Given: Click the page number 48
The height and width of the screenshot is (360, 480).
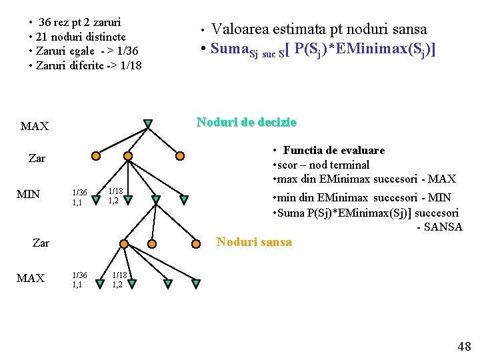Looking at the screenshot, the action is pyautogui.click(x=463, y=346).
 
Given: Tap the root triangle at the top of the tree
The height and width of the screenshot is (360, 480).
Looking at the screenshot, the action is pyautogui.click(x=148, y=123).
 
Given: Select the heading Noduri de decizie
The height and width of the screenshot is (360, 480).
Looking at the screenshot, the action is pyautogui.click(x=246, y=122).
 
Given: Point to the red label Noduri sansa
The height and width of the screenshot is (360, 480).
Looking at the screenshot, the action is pyautogui.click(x=254, y=242).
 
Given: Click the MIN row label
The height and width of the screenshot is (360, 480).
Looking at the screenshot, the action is pyautogui.click(x=28, y=194).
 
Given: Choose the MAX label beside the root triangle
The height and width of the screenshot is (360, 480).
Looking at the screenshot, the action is pyautogui.click(x=34, y=126).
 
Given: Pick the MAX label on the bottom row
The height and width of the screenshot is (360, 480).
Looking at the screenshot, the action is pyautogui.click(x=31, y=278).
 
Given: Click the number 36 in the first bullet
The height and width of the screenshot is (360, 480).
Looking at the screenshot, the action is pyautogui.click(x=47, y=22).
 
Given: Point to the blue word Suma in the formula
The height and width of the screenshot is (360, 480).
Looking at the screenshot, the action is pyautogui.click(x=229, y=49).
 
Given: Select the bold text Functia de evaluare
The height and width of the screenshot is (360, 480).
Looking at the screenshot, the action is pyautogui.click(x=333, y=151).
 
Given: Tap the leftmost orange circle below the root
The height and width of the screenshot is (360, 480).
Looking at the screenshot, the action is pyautogui.click(x=96, y=156).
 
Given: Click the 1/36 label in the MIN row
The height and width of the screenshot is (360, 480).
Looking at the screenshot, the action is pyautogui.click(x=78, y=192).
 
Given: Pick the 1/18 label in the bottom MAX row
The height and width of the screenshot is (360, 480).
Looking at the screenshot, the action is pyautogui.click(x=119, y=275).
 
